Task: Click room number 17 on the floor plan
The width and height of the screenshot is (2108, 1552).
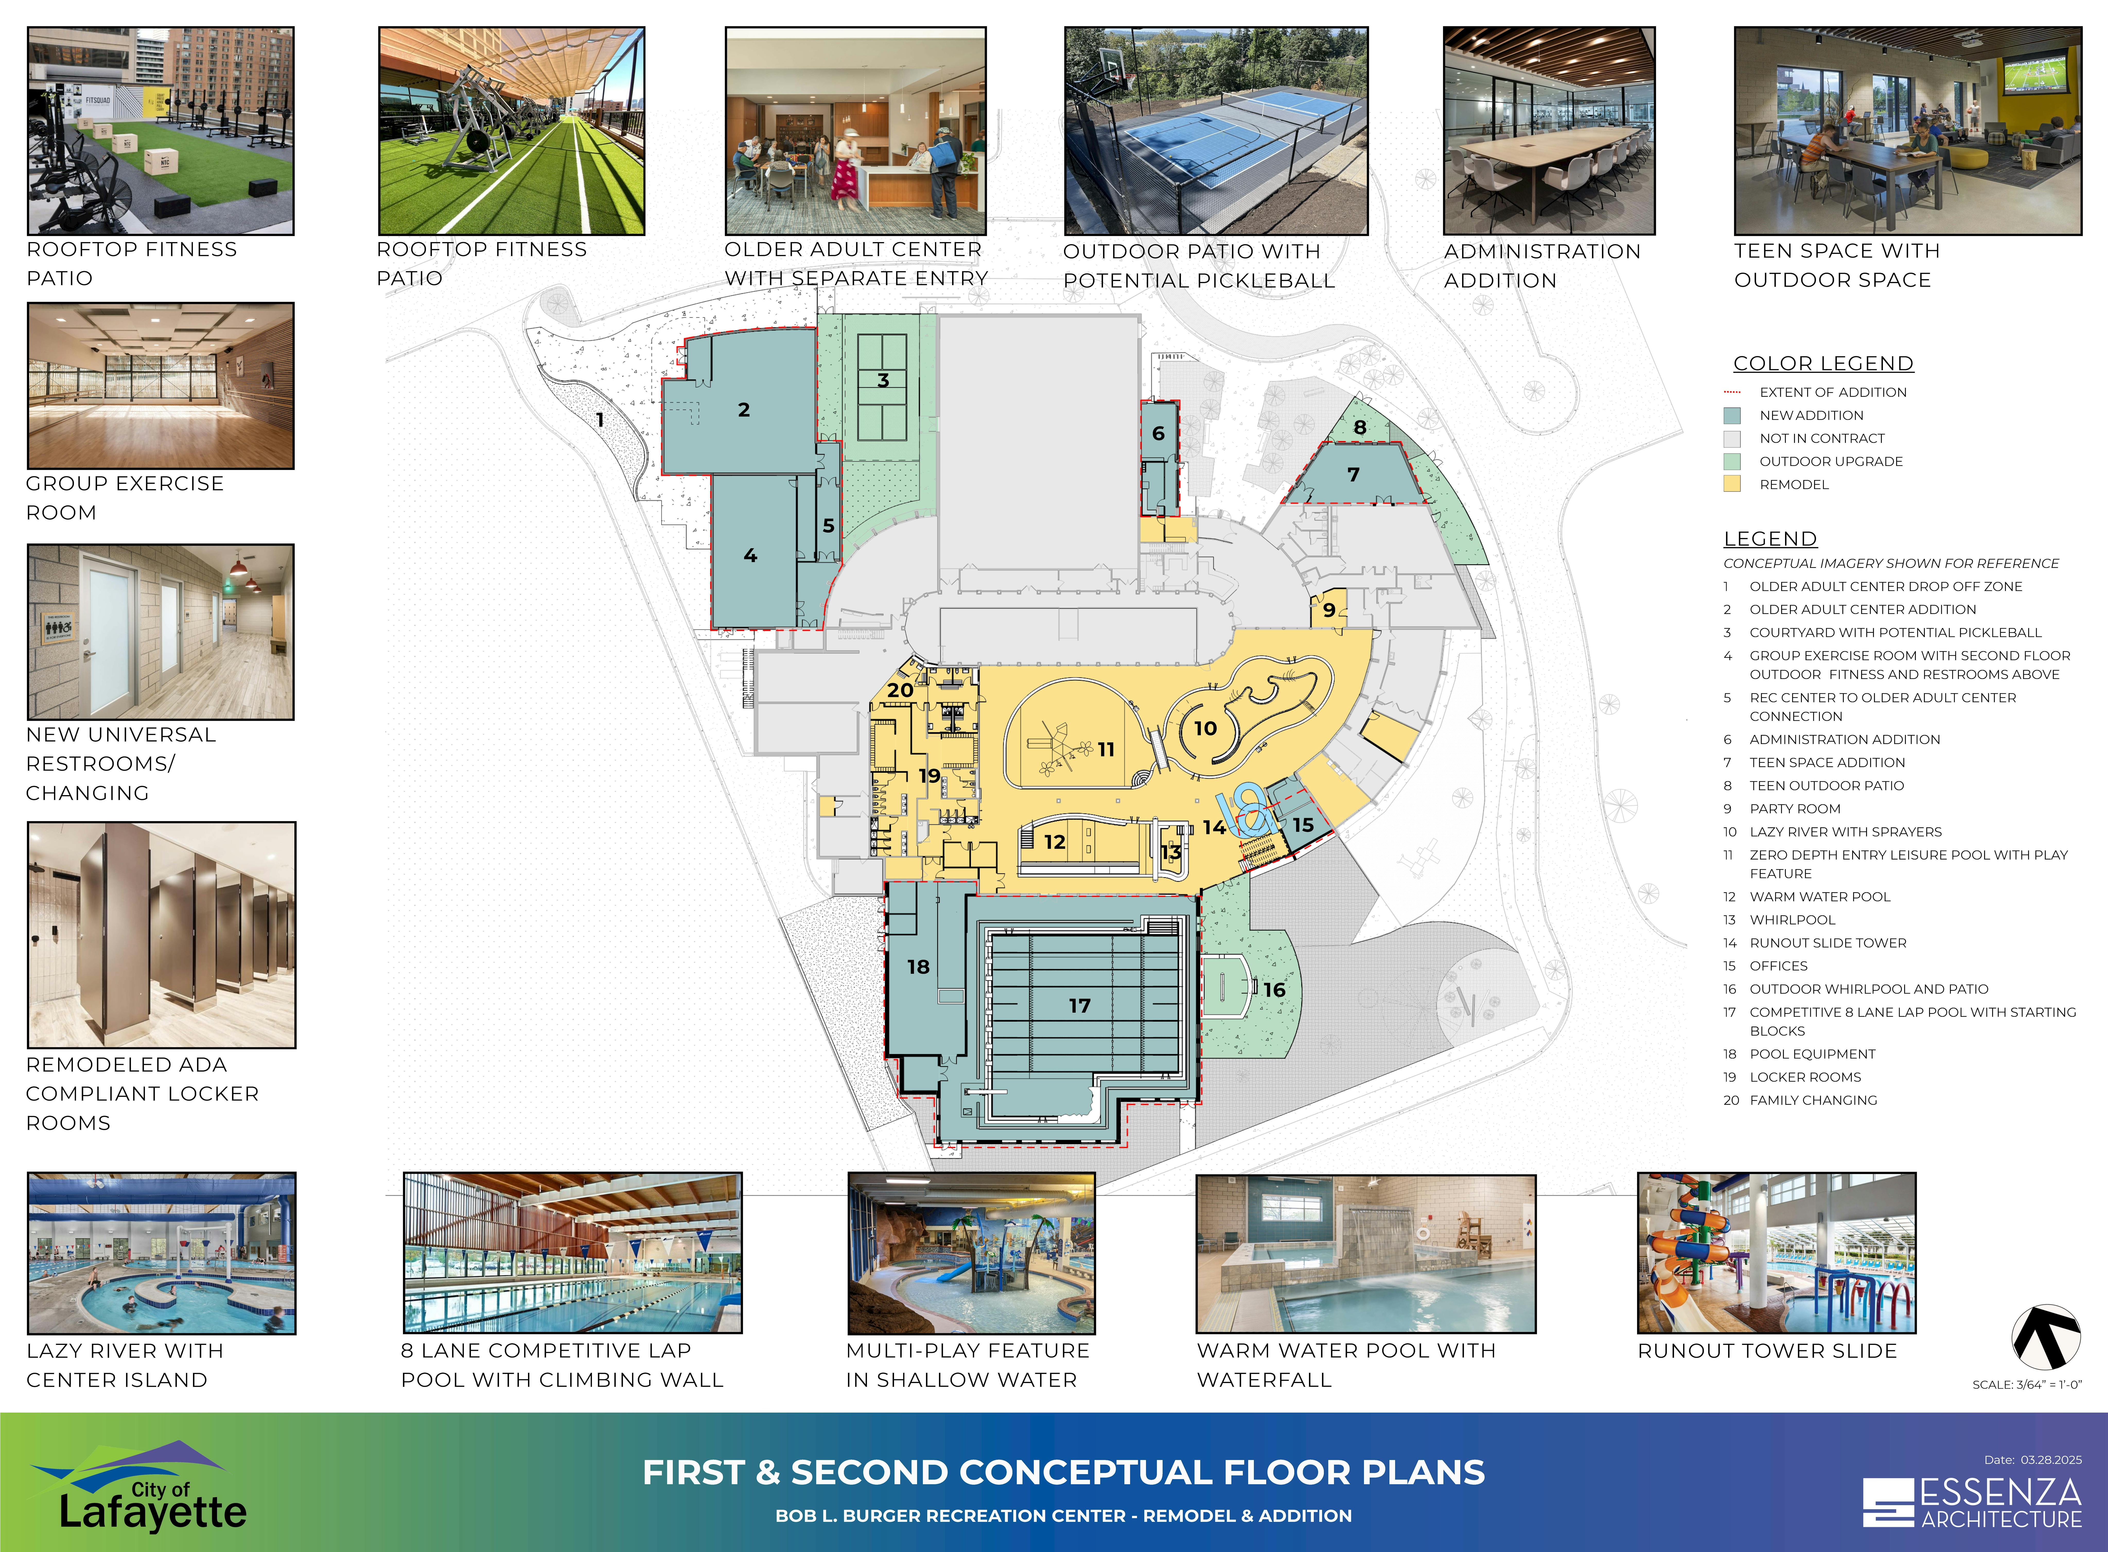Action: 1079,1005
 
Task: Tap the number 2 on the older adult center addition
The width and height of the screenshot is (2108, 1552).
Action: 744,410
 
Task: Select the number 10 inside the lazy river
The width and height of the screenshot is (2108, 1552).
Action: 1205,728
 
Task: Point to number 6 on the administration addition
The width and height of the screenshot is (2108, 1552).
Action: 1158,433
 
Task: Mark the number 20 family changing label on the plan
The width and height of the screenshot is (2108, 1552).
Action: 900,690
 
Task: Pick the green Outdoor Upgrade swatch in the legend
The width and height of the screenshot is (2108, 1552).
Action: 1732,461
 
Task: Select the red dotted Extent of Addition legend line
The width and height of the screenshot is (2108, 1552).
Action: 1732,392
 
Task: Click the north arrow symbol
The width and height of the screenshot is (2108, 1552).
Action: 2046,1337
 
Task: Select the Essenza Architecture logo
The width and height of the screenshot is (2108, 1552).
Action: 1973,1503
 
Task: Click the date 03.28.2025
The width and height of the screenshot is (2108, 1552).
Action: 2052,1460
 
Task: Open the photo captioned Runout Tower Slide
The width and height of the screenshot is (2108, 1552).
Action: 1776,1253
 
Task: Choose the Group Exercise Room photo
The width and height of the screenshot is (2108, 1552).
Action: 161,386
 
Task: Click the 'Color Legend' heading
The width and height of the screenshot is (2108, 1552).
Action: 1823,364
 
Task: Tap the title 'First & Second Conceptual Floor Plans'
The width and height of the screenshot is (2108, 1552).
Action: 1064,1472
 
